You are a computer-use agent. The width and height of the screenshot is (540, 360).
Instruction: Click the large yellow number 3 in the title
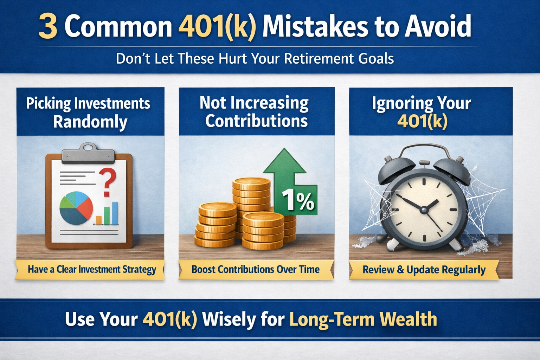click(48, 27)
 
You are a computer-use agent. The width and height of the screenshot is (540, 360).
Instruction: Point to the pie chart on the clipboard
click(76, 208)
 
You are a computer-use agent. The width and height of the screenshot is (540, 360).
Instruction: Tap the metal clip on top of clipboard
click(88, 154)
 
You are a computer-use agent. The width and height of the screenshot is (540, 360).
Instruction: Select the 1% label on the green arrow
click(298, 200)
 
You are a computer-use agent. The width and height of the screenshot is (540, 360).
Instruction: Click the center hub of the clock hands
click(424, 210)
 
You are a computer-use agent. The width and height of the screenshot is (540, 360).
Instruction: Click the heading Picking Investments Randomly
click(89, 112)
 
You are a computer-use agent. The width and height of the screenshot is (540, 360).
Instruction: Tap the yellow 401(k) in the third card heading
click(422, 121)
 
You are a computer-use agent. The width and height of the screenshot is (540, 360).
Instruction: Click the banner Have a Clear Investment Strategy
click(91, 270)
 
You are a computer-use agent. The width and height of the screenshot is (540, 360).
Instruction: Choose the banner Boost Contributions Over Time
click(256, 270)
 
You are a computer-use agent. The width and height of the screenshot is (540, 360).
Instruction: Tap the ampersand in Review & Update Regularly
click(400, 270)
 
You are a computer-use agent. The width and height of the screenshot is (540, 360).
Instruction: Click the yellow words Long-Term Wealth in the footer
click(363, 319)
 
